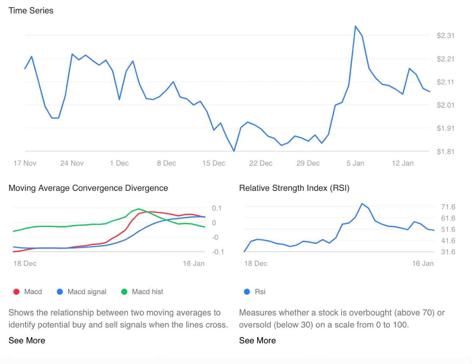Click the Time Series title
[31, 10]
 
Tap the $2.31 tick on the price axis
[445, 36]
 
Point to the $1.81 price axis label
[445, 151]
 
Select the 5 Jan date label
[355, 163]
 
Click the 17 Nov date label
[25, 163]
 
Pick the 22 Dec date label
[261, 163]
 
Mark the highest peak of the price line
[355, 26]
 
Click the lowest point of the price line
[234, 151]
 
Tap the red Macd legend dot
[16, 292]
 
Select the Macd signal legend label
[87, 292]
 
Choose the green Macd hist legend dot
[124, 292]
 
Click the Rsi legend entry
[260, 292]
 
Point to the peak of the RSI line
[362, 204]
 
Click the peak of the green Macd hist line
[138, 209]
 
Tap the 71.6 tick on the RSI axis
[448, 207]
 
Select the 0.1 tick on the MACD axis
[216, 208]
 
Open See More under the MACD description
[27, 340]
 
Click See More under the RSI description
[257, 340]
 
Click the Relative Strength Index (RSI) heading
[294, 188]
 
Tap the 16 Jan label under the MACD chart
[194, 263]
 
